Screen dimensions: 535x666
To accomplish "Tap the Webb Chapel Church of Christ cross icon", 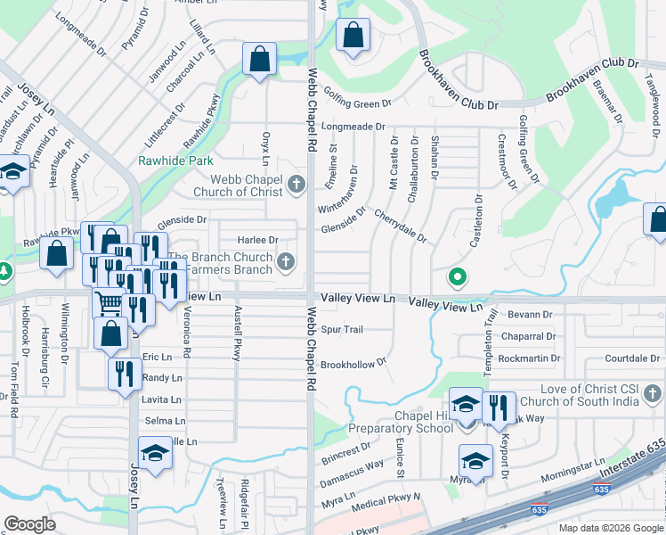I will pos(297,185).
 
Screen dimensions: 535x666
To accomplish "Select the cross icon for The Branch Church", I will pos(285,261).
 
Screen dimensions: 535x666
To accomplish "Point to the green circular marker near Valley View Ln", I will pos(458,277).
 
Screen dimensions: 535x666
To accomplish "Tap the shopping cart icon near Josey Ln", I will pos(109,303).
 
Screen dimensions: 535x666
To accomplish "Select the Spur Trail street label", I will pos(342,330).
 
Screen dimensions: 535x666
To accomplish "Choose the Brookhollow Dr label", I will pos(353,364).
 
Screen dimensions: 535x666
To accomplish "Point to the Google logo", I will pos(30,524).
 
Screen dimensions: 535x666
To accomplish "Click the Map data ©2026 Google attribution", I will pos(610,528).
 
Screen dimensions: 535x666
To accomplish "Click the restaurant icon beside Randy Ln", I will pos(125,374).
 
